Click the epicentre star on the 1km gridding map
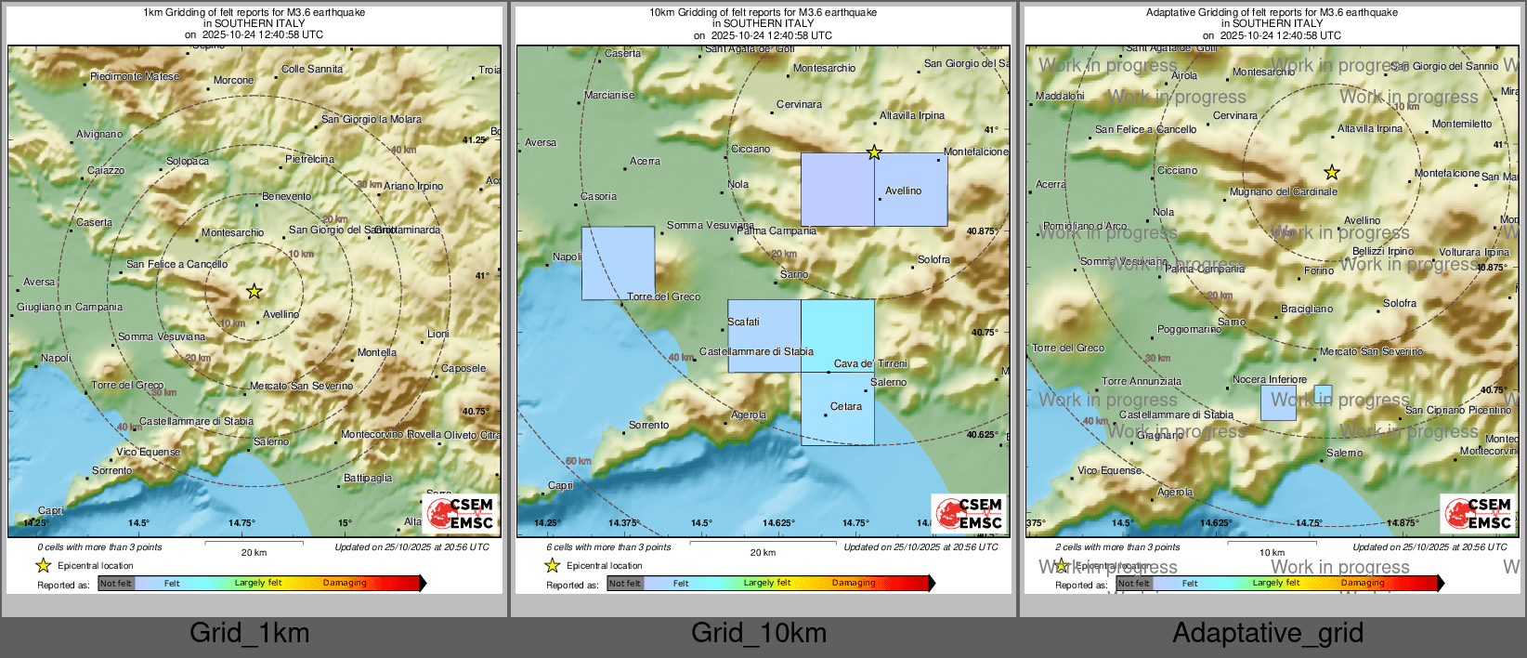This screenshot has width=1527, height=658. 254,292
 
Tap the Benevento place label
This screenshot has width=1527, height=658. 286,196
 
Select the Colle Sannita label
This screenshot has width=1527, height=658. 312,69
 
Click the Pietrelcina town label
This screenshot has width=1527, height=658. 309,159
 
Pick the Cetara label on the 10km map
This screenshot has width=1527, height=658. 845,406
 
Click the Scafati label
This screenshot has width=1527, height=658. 743,322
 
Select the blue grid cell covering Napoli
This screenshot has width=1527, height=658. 618,263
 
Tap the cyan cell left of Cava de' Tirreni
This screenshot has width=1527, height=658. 837,335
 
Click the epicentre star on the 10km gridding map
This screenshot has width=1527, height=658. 874,152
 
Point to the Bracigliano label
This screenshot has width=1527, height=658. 1307,309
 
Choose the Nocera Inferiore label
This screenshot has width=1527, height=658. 1270,379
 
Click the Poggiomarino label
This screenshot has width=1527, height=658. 1189,329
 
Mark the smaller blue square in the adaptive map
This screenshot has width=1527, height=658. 1323,393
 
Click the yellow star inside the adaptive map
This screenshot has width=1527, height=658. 1332,172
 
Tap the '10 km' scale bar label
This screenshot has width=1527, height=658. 1272,552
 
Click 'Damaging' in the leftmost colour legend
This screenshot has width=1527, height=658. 345,583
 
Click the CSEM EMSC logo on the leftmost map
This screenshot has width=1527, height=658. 462,513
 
